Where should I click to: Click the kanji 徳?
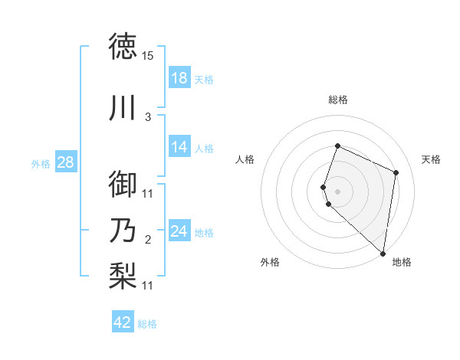coord(123,46)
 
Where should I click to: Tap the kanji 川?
coord(123,108)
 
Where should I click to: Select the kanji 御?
coord(123,184)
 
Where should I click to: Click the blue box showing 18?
coord(179,78)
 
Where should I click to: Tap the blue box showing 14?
coord(179,147)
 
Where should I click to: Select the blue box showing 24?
coord(179,231)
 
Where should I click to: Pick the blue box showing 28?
coord(65,162)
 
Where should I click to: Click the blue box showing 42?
coord(123,322)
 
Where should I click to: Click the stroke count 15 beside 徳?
coord(148,56)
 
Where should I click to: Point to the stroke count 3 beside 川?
coord(147,117)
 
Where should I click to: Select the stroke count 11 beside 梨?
coord(148,286)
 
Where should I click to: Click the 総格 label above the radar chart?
coord(338,100)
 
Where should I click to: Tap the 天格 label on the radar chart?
coord(432,159)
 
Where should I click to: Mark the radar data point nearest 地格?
coord(383,254)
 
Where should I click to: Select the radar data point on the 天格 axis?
coord(396,172)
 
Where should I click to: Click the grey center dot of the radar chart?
coord(337,191)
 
